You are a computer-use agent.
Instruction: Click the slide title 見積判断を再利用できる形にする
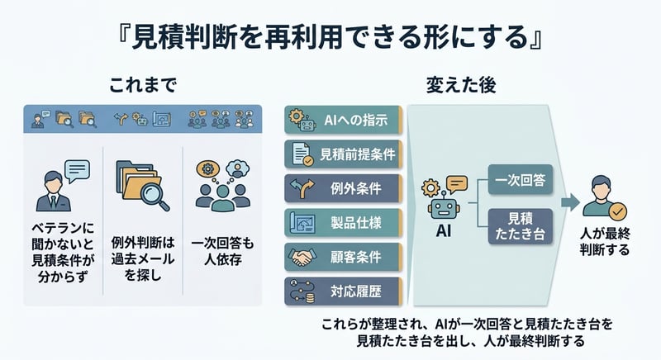[x=330, y=37]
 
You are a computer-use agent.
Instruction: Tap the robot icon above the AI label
[x=441, y=198]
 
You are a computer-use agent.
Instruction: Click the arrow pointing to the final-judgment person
[x=569, y=201]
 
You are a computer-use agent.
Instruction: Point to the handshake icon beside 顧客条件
[x=297, y=256]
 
